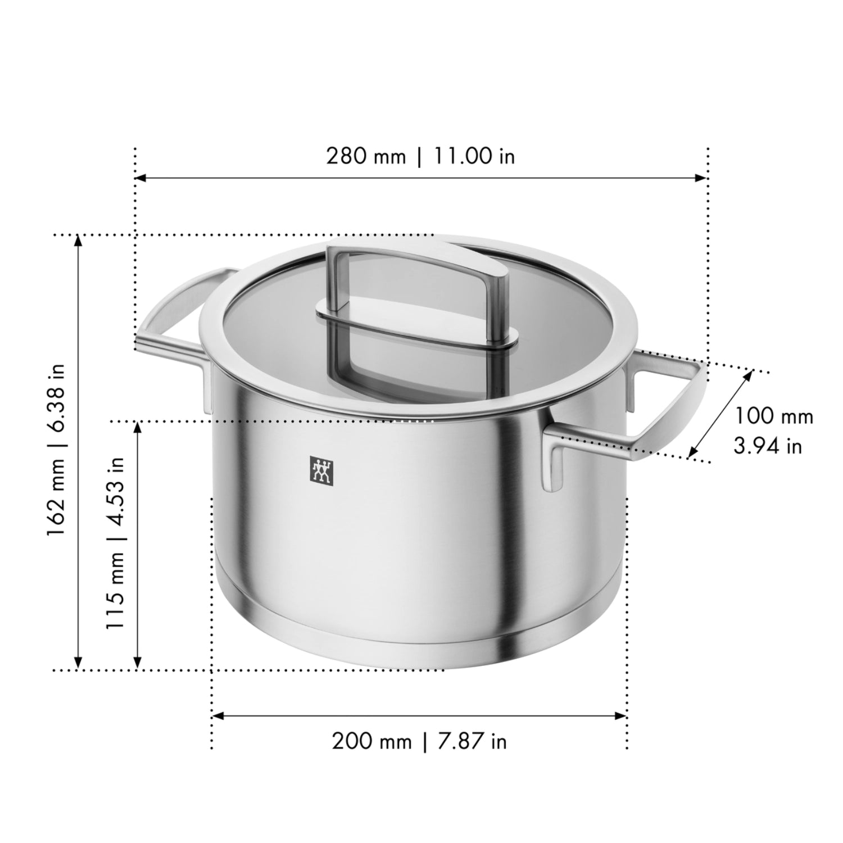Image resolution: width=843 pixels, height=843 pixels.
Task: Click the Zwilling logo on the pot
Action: [x=322, y=469]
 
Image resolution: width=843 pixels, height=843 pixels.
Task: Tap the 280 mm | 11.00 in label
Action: [x=420, y=156]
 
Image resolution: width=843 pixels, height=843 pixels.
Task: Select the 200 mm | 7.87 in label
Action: [x=419, y=741]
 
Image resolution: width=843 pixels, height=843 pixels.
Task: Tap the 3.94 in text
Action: [x=768, y=446]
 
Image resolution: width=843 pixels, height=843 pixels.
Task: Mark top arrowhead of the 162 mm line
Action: [x=79, y=240]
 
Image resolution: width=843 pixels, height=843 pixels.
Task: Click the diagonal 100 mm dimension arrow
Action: [x=720, y=413]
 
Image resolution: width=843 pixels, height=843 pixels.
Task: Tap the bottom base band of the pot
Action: [x=419, y=646]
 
